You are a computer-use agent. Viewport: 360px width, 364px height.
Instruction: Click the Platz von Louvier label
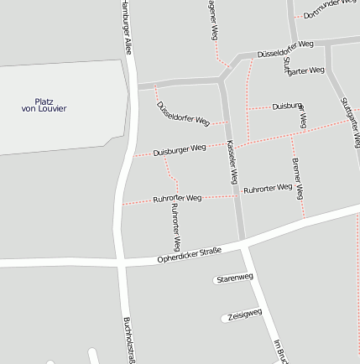coord(44,105)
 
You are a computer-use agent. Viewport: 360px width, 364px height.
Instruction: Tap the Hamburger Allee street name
coord(126,28)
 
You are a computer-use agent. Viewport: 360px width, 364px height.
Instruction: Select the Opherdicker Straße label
coord(189,254)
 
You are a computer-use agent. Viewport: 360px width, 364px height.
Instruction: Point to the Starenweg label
coord(235,278)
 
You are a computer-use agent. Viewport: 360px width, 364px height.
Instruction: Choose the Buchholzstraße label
coord(128,341)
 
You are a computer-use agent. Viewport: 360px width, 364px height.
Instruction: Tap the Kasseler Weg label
coord(232,162)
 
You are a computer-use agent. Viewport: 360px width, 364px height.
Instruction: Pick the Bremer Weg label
coord(297,179)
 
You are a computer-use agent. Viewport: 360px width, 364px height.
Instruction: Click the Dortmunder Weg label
coord(331,8)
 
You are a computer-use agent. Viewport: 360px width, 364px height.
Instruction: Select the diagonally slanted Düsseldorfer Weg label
coord(182,113)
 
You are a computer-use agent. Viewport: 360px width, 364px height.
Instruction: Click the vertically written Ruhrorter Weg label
coord(175,226)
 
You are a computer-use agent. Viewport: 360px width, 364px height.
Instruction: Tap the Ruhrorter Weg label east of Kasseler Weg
coord(268,188)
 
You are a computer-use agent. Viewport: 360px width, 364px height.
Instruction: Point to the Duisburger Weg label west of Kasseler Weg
coord(180,150)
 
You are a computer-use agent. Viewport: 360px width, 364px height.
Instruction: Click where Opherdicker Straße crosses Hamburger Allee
coord(123,263)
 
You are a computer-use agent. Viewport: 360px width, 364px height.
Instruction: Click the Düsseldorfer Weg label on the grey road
coord(285,48)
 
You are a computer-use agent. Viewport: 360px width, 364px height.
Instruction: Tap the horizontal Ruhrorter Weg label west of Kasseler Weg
coord(177,199)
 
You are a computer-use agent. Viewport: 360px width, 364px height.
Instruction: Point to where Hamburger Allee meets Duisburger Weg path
coord(130,156)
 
